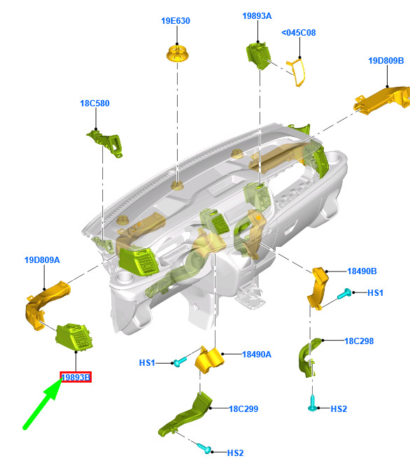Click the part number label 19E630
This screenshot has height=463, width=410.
tap(176, 21)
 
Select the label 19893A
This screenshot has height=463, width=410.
tap(257, 16)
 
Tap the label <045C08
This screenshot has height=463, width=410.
tap(299, 32)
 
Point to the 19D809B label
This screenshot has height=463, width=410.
tap(386, 61)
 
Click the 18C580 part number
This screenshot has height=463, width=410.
tap(95, 104)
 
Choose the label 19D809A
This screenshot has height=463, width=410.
tap(42, 260)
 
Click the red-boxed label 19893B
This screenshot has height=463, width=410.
tap(76, 377)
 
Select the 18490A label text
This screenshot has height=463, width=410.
tap(257, 355)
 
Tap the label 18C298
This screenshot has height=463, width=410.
tap(359, 341)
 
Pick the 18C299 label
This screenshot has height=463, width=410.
tap(243, 409)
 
